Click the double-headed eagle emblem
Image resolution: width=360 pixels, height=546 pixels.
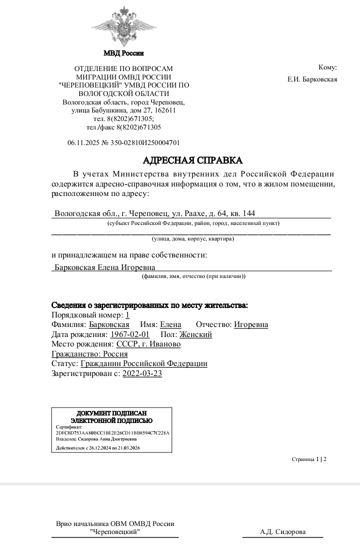point(124,26)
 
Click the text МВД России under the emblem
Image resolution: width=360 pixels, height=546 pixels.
point(123,53)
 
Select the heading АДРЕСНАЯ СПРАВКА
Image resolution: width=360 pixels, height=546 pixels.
point(192,160)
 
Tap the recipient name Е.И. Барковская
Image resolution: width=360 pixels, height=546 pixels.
point(312,79)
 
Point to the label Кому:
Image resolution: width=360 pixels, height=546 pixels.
point(327,67)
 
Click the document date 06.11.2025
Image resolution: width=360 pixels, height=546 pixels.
point(83,142)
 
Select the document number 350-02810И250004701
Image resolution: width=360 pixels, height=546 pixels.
point(148,142)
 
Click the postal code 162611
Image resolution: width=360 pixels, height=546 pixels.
point(165,110)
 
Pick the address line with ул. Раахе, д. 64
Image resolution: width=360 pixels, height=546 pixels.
point(155,213)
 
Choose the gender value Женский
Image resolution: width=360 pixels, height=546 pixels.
point(195,334)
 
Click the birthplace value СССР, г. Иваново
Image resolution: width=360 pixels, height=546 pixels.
point(148,344)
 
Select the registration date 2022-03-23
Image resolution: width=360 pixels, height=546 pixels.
point(142,373)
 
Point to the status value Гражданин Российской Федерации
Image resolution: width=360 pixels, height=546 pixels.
point(144,363)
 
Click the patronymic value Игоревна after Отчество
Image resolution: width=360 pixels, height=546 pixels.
point(251,324)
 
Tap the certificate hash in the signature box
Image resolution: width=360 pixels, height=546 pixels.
point(113,432)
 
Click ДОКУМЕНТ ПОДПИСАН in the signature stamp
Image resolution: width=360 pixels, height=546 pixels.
point(111,413)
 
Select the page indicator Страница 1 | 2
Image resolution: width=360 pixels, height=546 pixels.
point(309,458)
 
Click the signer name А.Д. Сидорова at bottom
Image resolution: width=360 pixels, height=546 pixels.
point(282,532)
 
